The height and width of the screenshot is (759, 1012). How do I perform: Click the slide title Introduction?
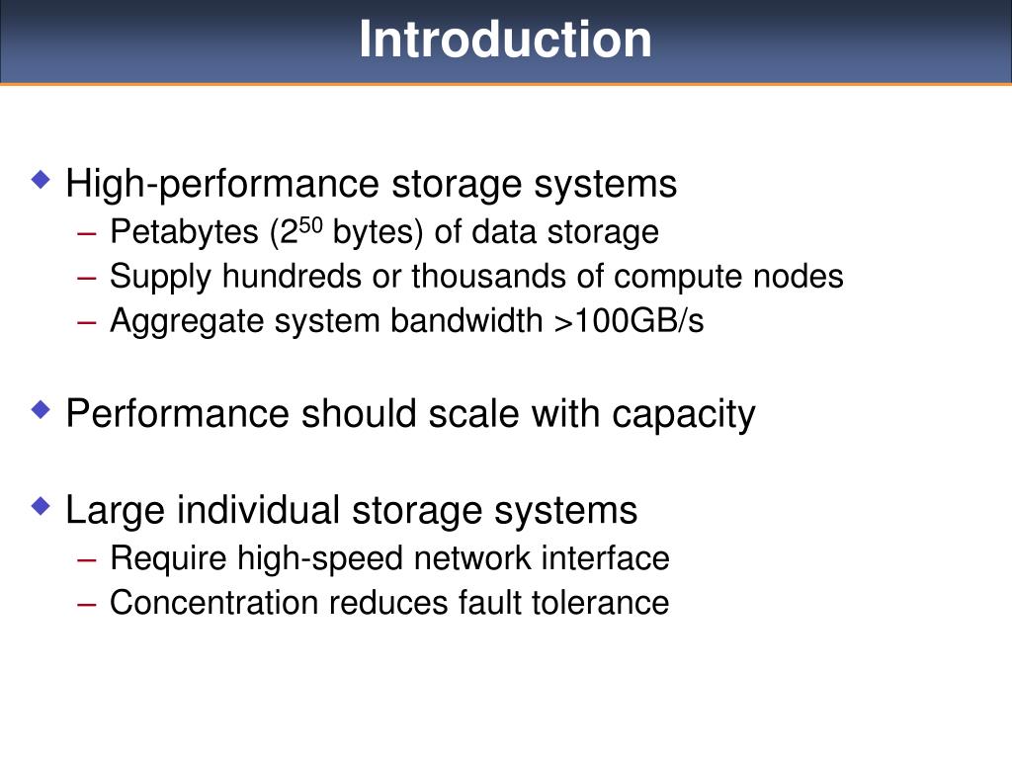505,41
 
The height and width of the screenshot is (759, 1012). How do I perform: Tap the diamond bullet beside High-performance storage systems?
41,180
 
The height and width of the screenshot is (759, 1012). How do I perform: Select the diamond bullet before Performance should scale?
41,408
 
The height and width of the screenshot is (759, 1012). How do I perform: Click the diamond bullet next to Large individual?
41,506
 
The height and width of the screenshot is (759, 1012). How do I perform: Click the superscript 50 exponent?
311,225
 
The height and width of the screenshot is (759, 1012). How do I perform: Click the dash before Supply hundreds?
87,278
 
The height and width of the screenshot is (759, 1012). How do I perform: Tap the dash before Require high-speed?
87,559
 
